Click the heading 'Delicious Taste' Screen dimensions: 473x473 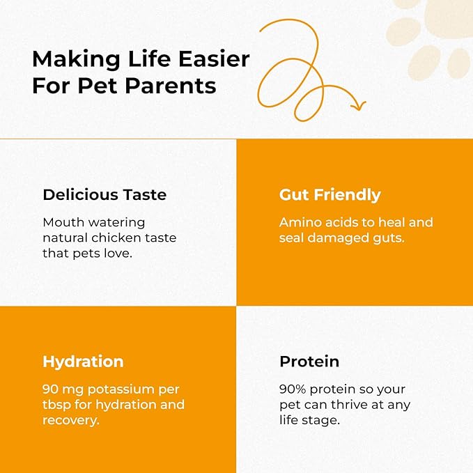[104, 195]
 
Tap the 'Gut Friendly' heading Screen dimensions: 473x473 [330, 195]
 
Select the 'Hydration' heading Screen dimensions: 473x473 [83, 362]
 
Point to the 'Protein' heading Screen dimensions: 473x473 [309, 362]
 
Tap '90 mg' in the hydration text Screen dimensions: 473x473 [63, 389]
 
